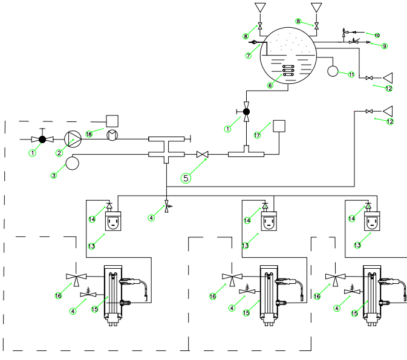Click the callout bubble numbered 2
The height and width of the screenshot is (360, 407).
pyautogui.click(x=60, y=153)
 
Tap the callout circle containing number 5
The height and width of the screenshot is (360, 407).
pyautogui.click(x=186, y=178)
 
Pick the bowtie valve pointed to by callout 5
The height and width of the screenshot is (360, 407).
pyautogui.click(x=204, y=155)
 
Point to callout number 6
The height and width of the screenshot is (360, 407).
pyautogui.click(x=270, y=86)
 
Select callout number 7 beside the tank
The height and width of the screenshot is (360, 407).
pyautogui.click(x=247, y=56)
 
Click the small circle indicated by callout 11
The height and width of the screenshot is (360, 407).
pyautogui.click(x=333, y=71)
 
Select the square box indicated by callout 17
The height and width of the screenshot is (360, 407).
pyautogui.click(x=279, y=127)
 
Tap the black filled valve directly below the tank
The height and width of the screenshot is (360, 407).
pyautogui.click(x=246, y=112)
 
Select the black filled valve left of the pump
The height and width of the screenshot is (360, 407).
pyautogui.click(x=42, y=140)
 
